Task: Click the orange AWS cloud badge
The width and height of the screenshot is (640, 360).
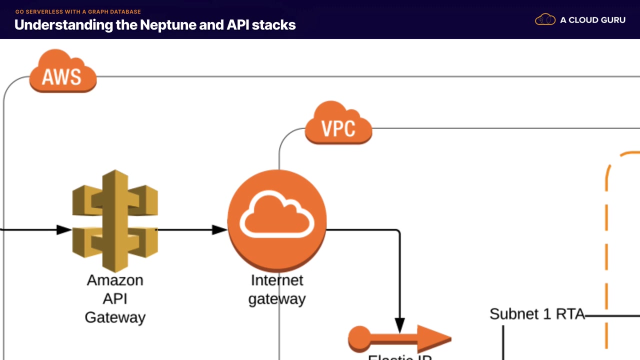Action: tap(62, 72)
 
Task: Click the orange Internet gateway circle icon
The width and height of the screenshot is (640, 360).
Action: tap(277, 220)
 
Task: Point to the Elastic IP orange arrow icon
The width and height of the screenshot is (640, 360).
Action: tap(400, 339)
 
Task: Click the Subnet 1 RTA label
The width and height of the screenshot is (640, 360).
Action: tap(536, 314)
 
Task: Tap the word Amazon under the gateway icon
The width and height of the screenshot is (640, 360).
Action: tap(115, 280)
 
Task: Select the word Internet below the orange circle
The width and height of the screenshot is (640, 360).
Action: tap(277, 280)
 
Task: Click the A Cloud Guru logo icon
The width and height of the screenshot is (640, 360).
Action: tap(545, 20)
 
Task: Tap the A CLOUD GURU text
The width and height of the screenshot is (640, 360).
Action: tap(592, 20)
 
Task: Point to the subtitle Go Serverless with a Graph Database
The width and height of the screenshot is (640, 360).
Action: tap(78, 11)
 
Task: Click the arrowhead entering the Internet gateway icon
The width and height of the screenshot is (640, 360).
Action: tap(219, 230)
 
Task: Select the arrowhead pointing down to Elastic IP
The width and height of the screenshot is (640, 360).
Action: tap(399, 325)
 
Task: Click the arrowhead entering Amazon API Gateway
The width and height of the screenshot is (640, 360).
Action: tap(64, 230)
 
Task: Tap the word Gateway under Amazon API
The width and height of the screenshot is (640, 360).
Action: tap(115, 317)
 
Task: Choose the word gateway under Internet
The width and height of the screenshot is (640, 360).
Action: tap(277, 299)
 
